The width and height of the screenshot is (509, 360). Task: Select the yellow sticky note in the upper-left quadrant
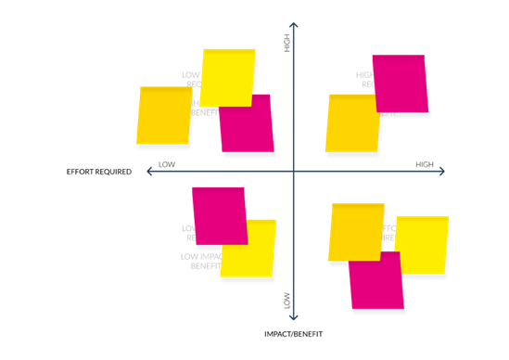click(228, 76)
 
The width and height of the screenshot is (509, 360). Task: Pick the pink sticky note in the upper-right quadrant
click(400, 83)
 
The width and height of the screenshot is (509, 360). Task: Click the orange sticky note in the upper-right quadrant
click(353, 123)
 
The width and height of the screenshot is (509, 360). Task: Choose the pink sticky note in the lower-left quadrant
click(219, 214)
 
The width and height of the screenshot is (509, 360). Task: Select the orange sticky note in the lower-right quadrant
click(356, 232)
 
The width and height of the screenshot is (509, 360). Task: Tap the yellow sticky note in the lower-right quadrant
click(423, 245)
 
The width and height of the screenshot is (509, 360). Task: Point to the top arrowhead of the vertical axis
click(293, 24)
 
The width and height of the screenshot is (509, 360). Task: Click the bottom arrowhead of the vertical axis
click(293, 317)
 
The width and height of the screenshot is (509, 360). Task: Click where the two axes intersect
click(293, 171)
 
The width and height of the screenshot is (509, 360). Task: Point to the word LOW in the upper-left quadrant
click(190, 75)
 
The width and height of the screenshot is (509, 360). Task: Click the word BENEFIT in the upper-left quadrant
click(204, 112)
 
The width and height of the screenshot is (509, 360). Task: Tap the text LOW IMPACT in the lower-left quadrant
click(198, 256)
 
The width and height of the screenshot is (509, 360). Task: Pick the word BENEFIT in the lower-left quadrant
click(204, 266)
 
